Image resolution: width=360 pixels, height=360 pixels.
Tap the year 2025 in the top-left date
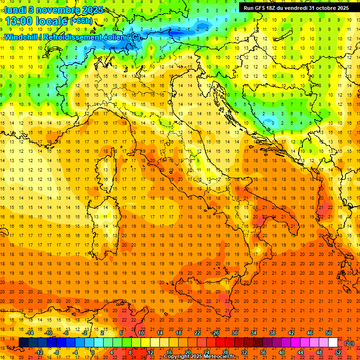tap(93, 9)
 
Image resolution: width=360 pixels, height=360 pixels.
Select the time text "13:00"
tap(20, 21)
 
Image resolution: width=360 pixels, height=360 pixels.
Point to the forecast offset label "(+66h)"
tap(82, 21)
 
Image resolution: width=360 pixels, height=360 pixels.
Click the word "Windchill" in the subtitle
tap(21, 37)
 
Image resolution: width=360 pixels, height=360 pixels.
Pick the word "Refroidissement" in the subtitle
tap(77, 37)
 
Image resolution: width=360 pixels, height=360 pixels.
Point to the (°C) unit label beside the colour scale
tap(349, 343)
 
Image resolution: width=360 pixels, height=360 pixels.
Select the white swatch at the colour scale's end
tap(333, 342)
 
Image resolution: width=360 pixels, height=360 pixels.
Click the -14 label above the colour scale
tap(30, 333)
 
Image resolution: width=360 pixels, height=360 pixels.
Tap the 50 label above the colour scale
tap(329, 333)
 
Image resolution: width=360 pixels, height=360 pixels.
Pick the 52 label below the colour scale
tap(338, 352)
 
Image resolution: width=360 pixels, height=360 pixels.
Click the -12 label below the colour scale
tap(39, 352)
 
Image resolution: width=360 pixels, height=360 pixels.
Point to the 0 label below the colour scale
tap(93, 352)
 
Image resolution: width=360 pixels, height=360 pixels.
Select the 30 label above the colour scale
tap(234, 333)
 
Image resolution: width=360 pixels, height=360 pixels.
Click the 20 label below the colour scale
tap(187, 352)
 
